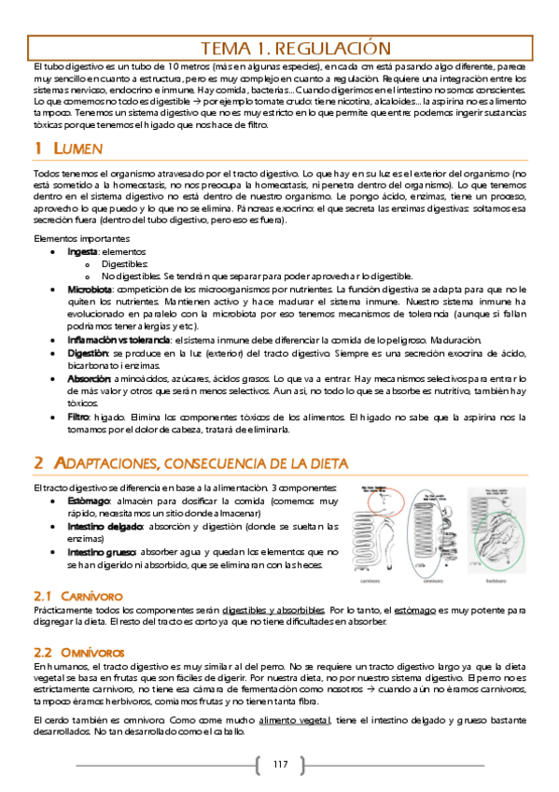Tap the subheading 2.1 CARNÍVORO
pyautogui.click(x=78, y=595)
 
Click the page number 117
pyautogui.click(x=280, y=765)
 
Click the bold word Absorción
pyautogui.click(x=89, y=379)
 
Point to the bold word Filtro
pyautogui.click(x=78, y=416)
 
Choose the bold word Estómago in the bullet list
pyautogui.click(x=89, y=502)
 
